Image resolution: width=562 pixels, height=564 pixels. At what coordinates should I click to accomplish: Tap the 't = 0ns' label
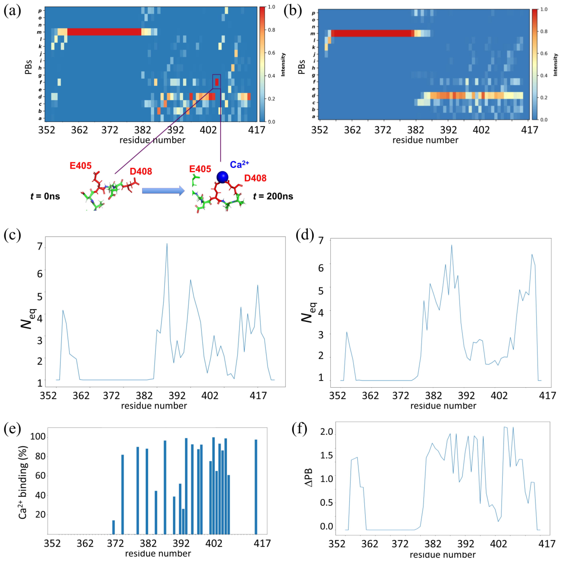pos(45,196)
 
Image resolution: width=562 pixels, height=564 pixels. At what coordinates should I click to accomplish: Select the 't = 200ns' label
pos(273,196)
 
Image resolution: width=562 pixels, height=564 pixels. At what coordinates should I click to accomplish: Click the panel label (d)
pos(305,234)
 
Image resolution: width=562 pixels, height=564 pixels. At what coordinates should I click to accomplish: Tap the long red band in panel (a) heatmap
pos(104,32)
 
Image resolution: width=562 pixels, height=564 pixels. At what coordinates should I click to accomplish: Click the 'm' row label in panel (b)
pos(313,34)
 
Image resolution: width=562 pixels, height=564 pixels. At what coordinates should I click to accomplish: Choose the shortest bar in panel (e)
pos(113,527)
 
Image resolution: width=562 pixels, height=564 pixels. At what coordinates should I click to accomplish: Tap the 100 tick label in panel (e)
pos(38,436)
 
